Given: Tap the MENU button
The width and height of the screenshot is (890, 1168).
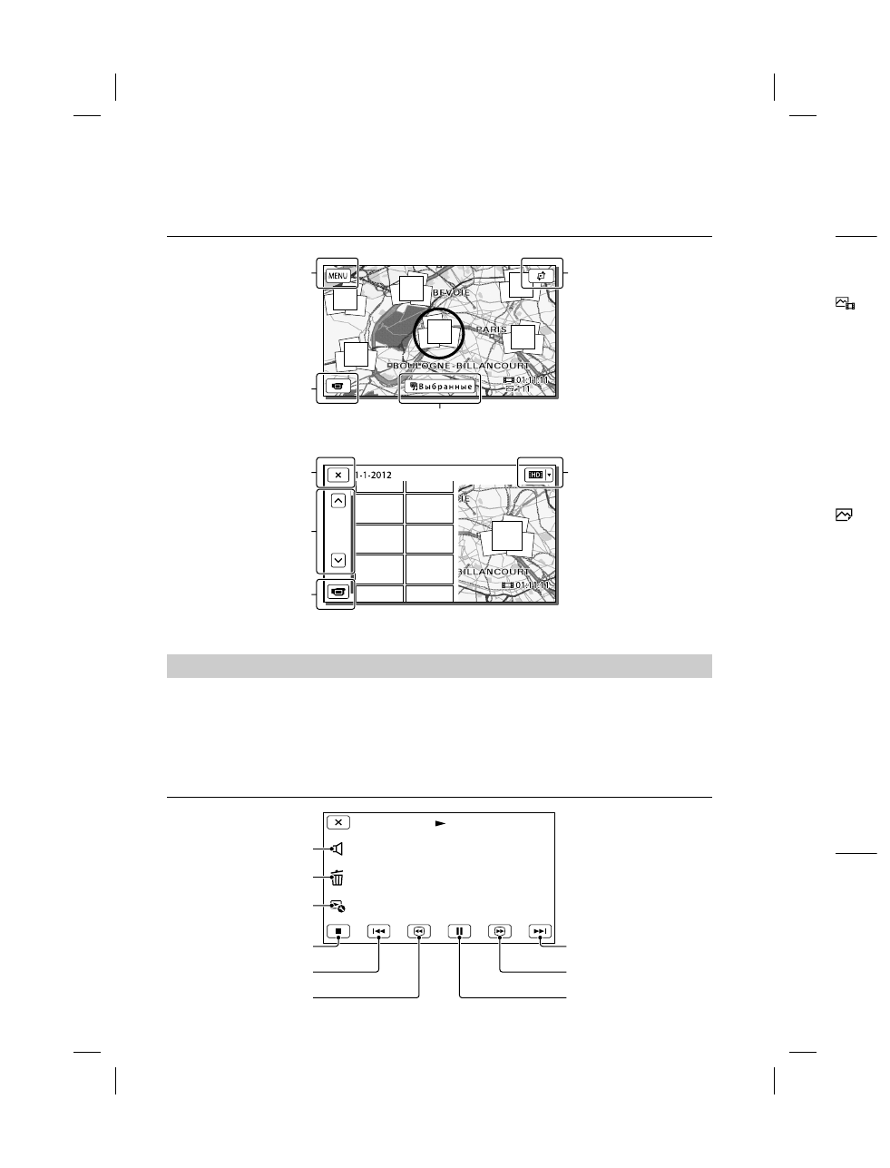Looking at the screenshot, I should click(337, 275).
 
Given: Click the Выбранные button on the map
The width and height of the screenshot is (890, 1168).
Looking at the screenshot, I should click(440, 387).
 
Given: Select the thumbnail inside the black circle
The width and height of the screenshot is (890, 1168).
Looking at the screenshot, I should click(439, 332).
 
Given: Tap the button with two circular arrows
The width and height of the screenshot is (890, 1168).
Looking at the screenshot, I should click(542, 274).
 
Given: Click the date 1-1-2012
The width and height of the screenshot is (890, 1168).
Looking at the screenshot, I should click(373, 474).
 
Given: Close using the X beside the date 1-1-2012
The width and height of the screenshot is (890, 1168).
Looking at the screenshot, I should click(337, 474).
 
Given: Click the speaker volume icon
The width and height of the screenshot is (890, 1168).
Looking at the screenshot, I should click(337, 849).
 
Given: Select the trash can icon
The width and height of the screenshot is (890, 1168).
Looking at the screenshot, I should click(337, 878).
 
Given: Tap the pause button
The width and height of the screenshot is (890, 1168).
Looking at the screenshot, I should click(460, 930).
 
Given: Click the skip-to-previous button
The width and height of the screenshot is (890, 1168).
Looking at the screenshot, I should click(378, 930).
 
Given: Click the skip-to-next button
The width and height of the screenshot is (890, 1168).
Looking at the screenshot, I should click(540, 930).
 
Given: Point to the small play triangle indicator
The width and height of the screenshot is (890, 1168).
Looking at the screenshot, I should click(440, 823).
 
